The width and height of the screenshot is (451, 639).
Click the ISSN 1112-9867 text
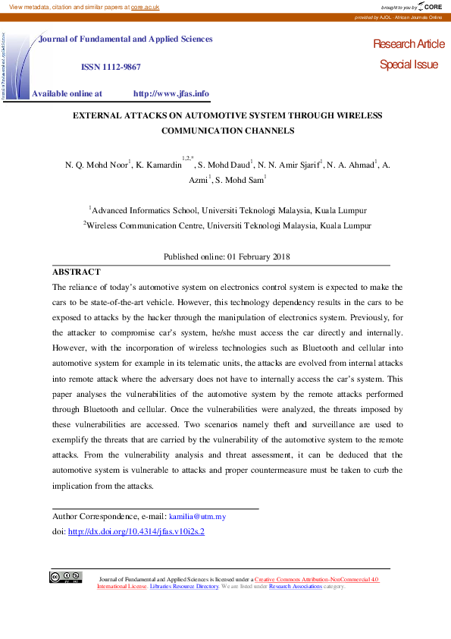[111, 67]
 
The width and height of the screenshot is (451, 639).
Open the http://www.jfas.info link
[171, 94]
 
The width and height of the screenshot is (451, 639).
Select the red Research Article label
[409, 45]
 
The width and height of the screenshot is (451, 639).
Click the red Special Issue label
[409, 65]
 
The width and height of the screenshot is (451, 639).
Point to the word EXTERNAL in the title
[99, 115]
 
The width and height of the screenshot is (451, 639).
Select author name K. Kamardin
[158, 164]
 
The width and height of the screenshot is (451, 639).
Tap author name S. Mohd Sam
[238, 181]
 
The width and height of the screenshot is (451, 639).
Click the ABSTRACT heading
[76, 272]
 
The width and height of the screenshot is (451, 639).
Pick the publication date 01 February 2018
[258, 257]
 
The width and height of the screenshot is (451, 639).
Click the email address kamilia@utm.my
[197, 517]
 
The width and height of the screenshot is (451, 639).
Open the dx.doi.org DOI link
[136, 532]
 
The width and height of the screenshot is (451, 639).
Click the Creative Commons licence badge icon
[66, 577]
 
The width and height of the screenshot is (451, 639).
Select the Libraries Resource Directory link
[184, 587]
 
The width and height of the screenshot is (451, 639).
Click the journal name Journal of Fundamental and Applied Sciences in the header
[126, 39]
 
